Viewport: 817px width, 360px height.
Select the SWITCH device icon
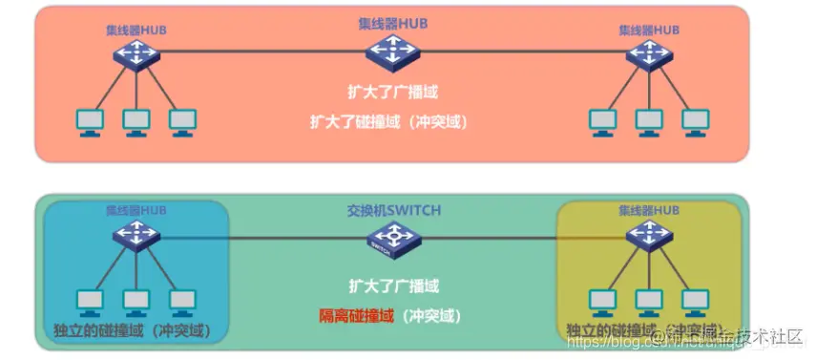[392, 239]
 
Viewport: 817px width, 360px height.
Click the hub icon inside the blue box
[136, 235]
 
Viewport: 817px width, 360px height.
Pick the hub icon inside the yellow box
[649, 235]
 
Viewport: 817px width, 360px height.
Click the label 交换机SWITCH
[393, 210]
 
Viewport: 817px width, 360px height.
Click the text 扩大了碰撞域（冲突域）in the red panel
[392, 122]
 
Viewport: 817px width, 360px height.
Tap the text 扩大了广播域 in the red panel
[392, 93]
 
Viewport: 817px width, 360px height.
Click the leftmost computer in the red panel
[90, 121]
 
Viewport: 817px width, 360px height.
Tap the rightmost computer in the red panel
[696, 121]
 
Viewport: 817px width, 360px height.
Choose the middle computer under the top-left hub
[136, 121]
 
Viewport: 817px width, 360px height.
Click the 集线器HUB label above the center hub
[392, 22]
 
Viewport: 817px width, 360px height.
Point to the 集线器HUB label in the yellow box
[649, 210]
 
